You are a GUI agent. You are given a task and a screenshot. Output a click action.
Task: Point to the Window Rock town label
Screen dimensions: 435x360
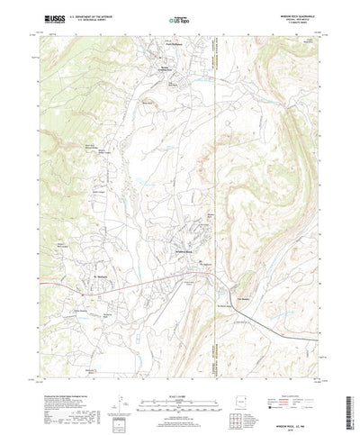coord(184,251)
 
